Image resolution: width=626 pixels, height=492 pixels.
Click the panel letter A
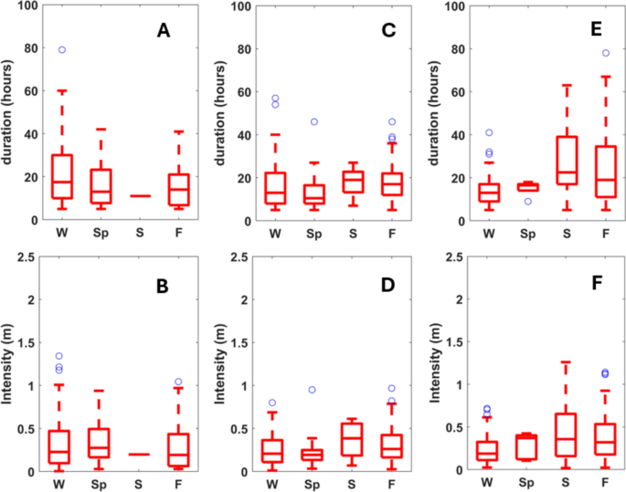pyautogui.click(x=164, y=31)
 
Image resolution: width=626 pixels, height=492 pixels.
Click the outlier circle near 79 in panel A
pyautogui.click(x=62, y=50)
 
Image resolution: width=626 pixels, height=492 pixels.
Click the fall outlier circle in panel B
pyautogui.click(x=179, y=382)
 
